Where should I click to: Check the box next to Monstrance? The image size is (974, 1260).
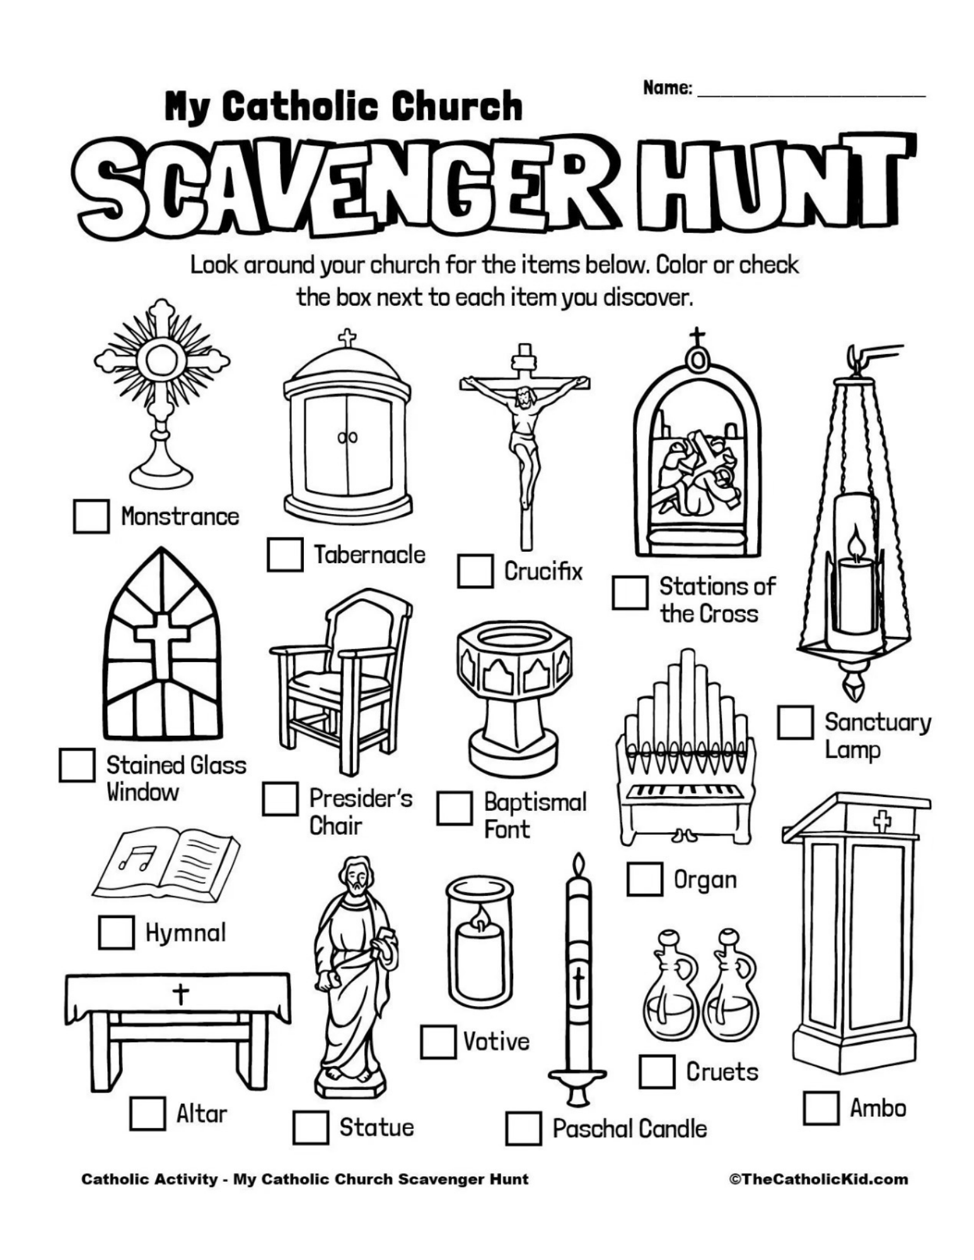click(x=91, y=517)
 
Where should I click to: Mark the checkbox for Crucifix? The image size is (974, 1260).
click(x=475, y=571)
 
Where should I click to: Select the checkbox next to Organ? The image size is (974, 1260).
click(x=644, y=879)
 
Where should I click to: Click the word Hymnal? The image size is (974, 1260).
click(x=185, y=932)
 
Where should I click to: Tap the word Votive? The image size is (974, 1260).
click(x=496, y=1041)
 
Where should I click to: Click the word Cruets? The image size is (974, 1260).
click(x=722, y=1071)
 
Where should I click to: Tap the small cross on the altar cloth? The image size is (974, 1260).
click(x=181, y=995)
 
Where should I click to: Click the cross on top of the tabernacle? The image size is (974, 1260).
click(x=347, y=337)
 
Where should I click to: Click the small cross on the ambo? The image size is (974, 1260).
click(x=881, y=822)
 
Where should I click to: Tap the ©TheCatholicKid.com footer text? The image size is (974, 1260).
click(x=818, y=1179)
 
